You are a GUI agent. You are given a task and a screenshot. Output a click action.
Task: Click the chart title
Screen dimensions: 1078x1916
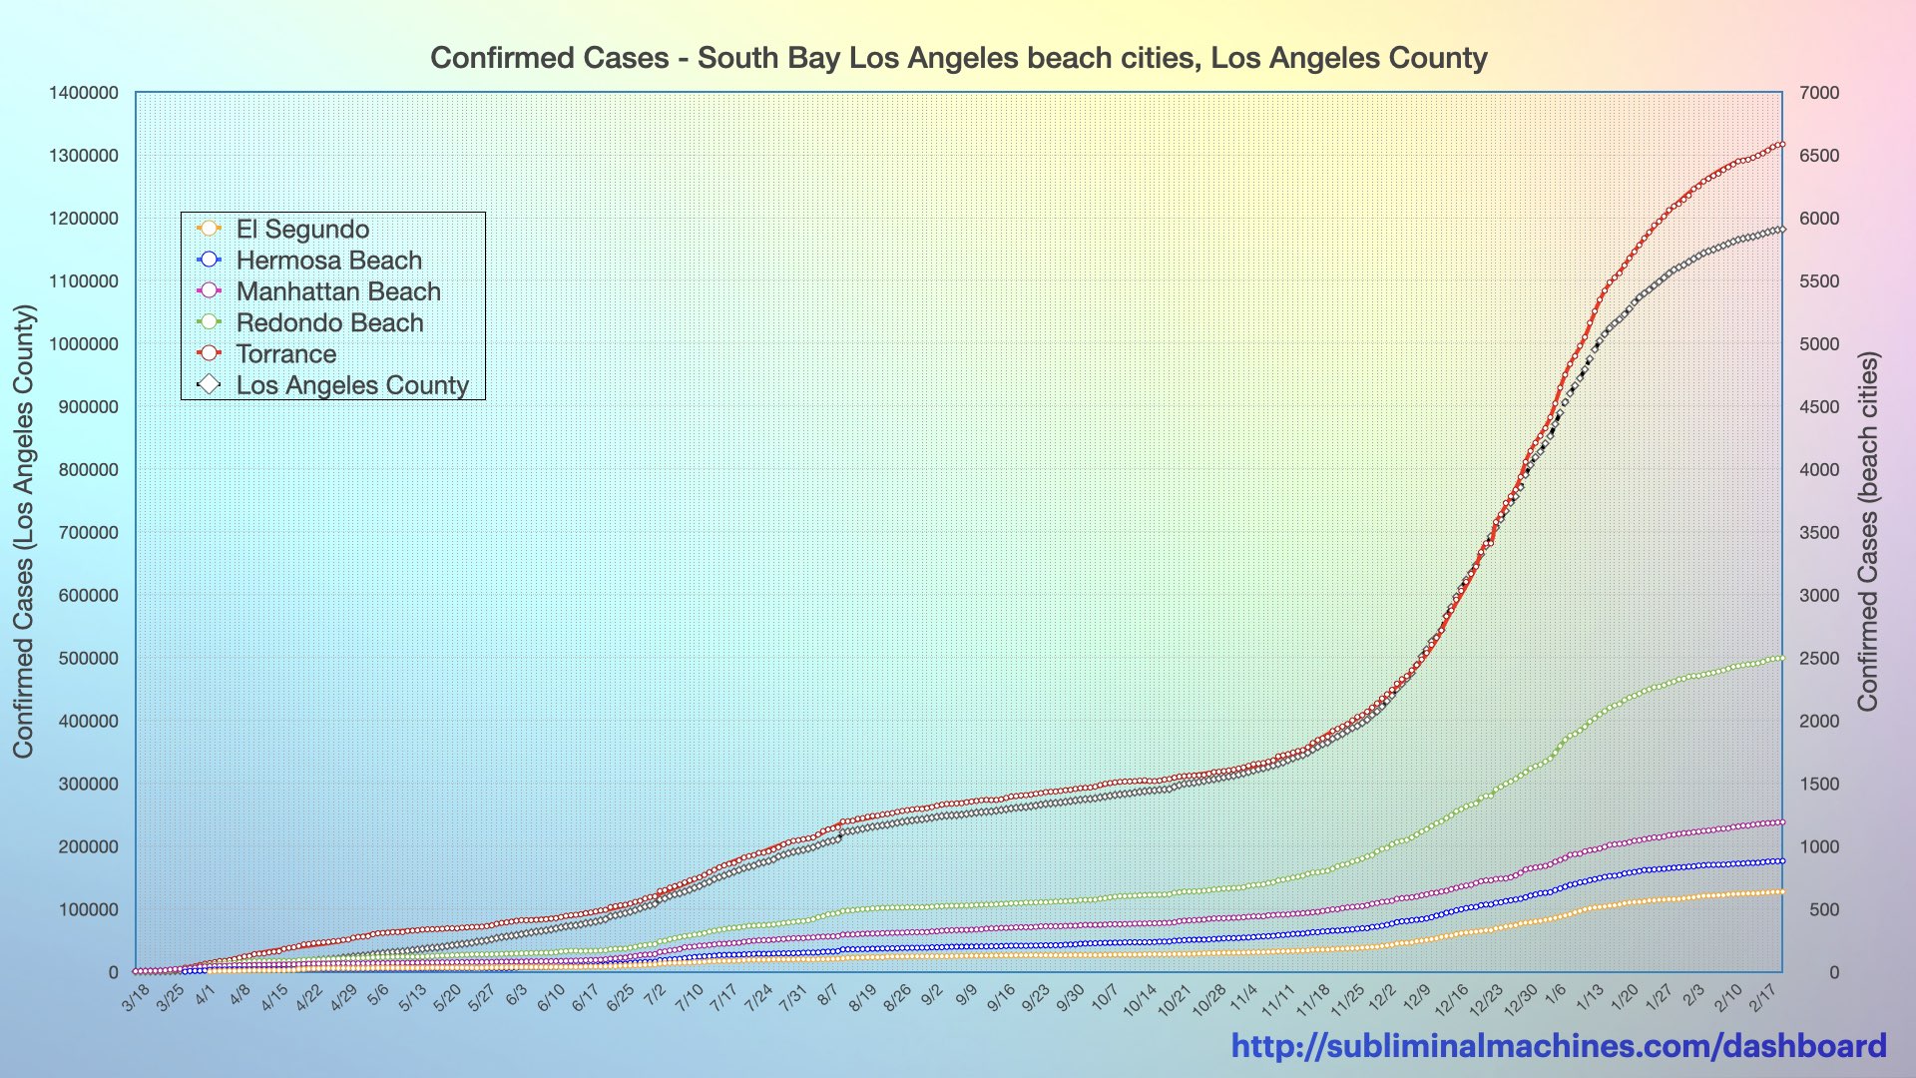point(958,58)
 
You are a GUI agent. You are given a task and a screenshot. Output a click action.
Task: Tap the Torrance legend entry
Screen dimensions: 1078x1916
point(285,354)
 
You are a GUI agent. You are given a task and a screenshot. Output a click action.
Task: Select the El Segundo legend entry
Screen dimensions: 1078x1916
point(302,230)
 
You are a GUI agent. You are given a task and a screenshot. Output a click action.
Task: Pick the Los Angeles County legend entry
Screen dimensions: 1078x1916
point(351,385)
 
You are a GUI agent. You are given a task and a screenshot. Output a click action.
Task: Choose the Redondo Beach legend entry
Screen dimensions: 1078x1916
point(329,323)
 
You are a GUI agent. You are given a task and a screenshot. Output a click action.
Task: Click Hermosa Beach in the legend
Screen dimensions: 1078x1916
point(328,261)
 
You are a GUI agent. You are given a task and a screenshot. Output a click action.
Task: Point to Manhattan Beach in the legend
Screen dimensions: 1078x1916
point(337,291)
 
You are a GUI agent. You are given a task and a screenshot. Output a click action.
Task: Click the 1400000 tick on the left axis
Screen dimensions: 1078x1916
point(84,93)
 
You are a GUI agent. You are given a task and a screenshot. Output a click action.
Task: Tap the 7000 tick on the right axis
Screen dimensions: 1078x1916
point(1819,93)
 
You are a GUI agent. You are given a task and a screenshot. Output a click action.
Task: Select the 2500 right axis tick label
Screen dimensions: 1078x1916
point(1819,659)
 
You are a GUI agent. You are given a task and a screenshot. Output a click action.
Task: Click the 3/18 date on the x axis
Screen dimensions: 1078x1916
point(137,996)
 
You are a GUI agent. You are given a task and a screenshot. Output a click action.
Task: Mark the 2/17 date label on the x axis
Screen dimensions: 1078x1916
point(1766,996)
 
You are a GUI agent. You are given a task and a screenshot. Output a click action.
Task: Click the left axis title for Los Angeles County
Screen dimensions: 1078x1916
point(23,531)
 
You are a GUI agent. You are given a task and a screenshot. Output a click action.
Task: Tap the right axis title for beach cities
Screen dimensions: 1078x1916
point(1868,531)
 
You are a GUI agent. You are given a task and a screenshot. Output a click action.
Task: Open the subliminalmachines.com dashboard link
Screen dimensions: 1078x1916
point(1558,1046)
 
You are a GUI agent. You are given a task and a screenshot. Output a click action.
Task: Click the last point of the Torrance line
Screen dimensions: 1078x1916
point(1781,145)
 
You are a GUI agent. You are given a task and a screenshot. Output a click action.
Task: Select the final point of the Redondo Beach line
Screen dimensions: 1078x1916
point(1781,658)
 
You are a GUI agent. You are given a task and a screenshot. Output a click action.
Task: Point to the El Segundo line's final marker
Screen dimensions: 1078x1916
point(1781,891)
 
